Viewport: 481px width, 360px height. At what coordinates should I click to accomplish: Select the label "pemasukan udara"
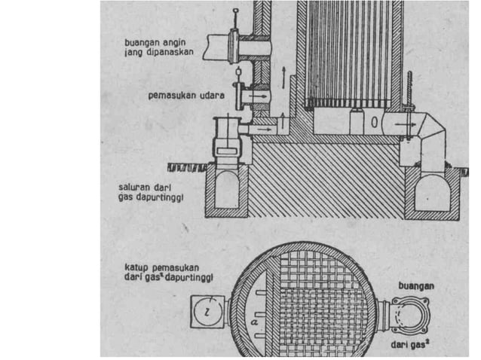pyautogui.click(x=186, y=96)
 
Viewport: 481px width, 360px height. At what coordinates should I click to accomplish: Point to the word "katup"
pyautogui.click(x=136, y=268)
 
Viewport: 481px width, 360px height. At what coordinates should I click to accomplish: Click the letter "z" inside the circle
pyautogui.click(x=207, y=312)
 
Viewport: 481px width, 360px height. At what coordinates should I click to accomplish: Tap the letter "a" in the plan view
pyautogui.click(x=254, y=322)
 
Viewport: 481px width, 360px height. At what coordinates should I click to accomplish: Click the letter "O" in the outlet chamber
pyautogui.click(x=374, y=123)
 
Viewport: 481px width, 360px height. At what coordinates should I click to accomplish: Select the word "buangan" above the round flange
pyautogui.click(x=416, y=286)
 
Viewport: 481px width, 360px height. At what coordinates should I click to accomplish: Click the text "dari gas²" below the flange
pyautogui.click(x=410, y=344)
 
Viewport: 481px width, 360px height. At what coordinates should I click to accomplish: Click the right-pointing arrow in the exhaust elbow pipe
pyautogui.click(x=406, y=124)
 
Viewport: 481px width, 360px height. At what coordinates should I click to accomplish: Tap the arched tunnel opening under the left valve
pyautogui.click(x=228, y=189)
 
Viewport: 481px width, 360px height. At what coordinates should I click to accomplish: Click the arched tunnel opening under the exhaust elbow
pyautogui.click(x=434, y=192)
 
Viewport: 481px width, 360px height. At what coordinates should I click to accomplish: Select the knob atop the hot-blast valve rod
pyautogui.click(x=235, y=11)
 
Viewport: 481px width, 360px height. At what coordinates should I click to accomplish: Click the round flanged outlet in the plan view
pyautogui.click(x=409, y=316)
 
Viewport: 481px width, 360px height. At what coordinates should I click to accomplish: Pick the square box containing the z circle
pyautogui.click(x=208, y=312)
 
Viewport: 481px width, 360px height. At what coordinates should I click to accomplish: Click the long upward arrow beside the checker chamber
pyautogui.click(x=284, y=78)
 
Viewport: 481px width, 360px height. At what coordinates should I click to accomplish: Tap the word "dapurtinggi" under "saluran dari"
pyautogui.click(x=160, y=197)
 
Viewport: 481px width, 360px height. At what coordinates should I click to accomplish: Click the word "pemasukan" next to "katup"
pyautogui.click(x=176, y=268)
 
